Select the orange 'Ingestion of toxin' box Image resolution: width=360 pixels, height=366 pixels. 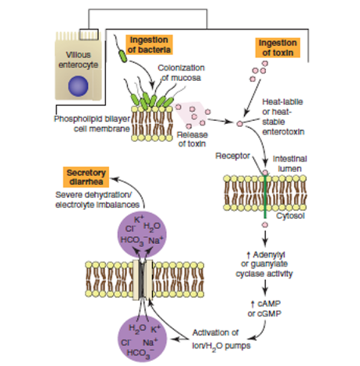278,48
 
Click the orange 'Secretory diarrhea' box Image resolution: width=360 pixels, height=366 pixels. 87,179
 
